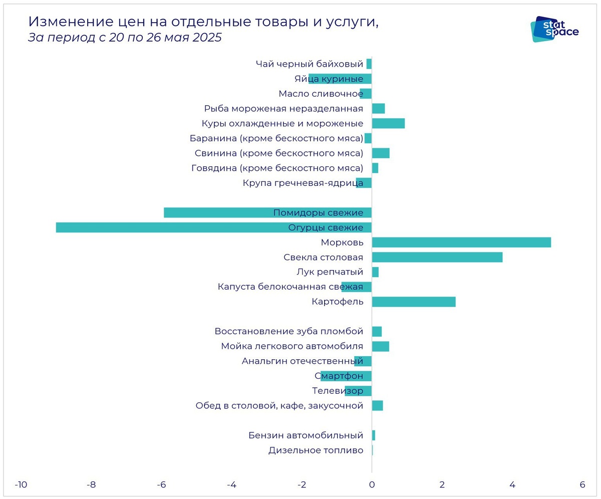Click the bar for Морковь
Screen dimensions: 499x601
(461, 242)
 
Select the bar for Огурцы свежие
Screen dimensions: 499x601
(214, 227)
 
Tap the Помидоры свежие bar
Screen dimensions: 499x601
(267, 212)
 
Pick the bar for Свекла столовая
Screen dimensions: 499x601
(437, 257)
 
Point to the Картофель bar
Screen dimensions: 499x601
(414, 302)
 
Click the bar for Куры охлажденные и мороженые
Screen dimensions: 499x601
(388, 123)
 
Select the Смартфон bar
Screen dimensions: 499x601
(346, 376)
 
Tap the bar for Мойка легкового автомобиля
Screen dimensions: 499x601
(381, 346)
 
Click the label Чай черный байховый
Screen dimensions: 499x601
(309, 64)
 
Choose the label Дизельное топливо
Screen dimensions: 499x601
(316, 450)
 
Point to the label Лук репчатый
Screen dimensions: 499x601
(330, 272)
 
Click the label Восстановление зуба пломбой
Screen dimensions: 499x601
(288, 331)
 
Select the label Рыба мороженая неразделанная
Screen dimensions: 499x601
(283, 109)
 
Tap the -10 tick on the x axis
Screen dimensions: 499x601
(21, 485)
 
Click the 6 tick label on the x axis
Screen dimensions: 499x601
(582, 485)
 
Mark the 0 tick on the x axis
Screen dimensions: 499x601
(372, 485)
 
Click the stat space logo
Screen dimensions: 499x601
(554, 29)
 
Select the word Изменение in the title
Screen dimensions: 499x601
(68, 22)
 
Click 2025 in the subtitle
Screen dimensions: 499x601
(207, 38)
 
